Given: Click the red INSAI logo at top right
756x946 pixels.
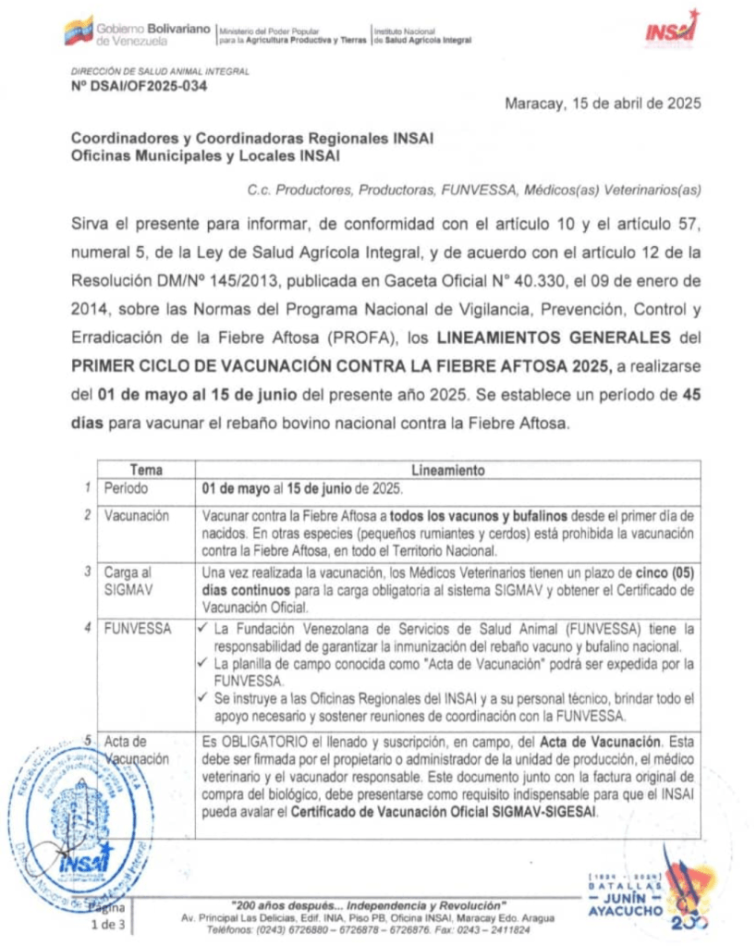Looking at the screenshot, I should [x=671, y=30].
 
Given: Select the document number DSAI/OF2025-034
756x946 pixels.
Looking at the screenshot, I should [x=139, y=87].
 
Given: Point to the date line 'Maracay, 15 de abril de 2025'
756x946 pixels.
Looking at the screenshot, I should [x=602, y=104].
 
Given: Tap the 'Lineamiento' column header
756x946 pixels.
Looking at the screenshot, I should [x=447, y=470].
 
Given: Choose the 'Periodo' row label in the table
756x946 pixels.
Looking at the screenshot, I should [x=126, y=487].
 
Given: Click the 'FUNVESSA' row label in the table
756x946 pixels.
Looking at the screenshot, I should [x=137, y=629].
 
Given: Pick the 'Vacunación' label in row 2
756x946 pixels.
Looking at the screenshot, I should [x=136, y=516].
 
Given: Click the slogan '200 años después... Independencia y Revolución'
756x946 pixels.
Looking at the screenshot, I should [x=368, y=903].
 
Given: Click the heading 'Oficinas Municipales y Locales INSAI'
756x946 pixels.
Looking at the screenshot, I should [x=205, y=156].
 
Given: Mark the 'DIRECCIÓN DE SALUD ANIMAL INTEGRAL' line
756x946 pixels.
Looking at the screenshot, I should [x=160, y=71].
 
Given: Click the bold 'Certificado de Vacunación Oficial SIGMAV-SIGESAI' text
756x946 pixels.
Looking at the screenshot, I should [x=445, y=811].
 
